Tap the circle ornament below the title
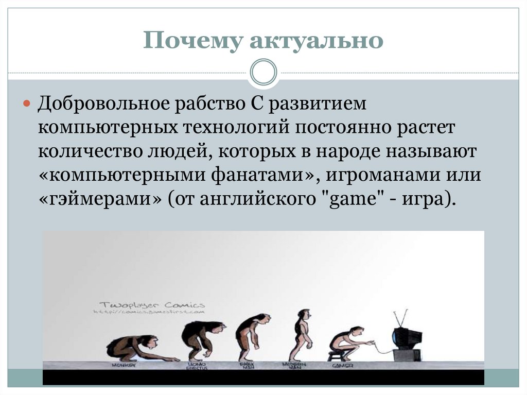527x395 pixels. click(x=263, y=72)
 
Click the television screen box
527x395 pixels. click(x=406, y=338)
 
